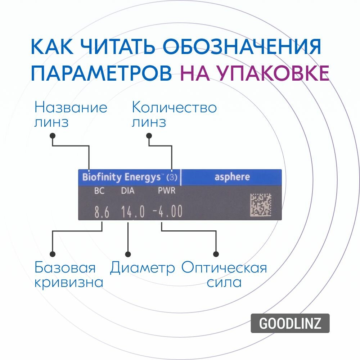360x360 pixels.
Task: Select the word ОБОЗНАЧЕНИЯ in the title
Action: (242, 47)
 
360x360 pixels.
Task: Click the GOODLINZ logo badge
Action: (290, 323)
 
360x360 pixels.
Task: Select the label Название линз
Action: (71, 115)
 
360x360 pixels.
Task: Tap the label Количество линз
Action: (174, 115)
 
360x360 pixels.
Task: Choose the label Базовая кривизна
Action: (68, 275)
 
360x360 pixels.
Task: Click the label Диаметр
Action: (143, 268)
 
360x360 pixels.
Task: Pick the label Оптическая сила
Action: (224, 275)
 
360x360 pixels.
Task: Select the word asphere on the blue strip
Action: (232, 177)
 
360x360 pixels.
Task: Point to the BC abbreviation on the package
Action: (99, 191)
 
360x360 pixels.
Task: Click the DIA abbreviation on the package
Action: (128, 191)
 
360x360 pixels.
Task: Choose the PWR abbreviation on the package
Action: (167, 191)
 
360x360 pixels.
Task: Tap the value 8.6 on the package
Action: (102, 212)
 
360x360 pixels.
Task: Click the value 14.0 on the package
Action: (132, 212)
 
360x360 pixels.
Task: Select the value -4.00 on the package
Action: (167, 212)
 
